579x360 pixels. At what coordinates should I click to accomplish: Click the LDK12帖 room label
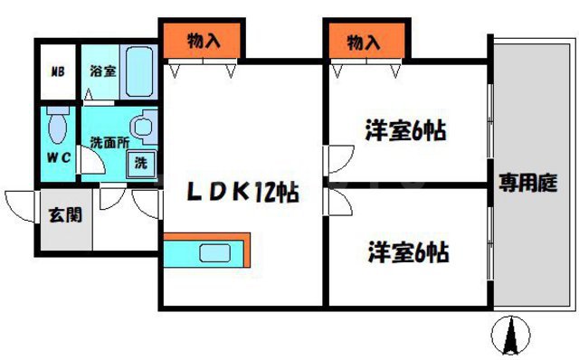[x=242, y=192]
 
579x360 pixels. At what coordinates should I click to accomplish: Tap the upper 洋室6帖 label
[x=406, y=131]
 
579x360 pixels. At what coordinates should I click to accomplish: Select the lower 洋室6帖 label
[x=407, y=251]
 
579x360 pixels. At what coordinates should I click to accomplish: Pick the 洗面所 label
[x=107, y=142]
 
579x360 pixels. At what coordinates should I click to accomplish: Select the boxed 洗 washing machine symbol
[x=140, y=165]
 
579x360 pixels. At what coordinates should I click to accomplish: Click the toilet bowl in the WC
[x=58, y=127]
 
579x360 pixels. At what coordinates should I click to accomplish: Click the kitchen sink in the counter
[x=217, y=255]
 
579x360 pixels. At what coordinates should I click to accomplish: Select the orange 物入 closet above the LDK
[x=204, y=40]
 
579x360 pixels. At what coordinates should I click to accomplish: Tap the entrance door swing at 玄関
[x=20, y=204]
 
